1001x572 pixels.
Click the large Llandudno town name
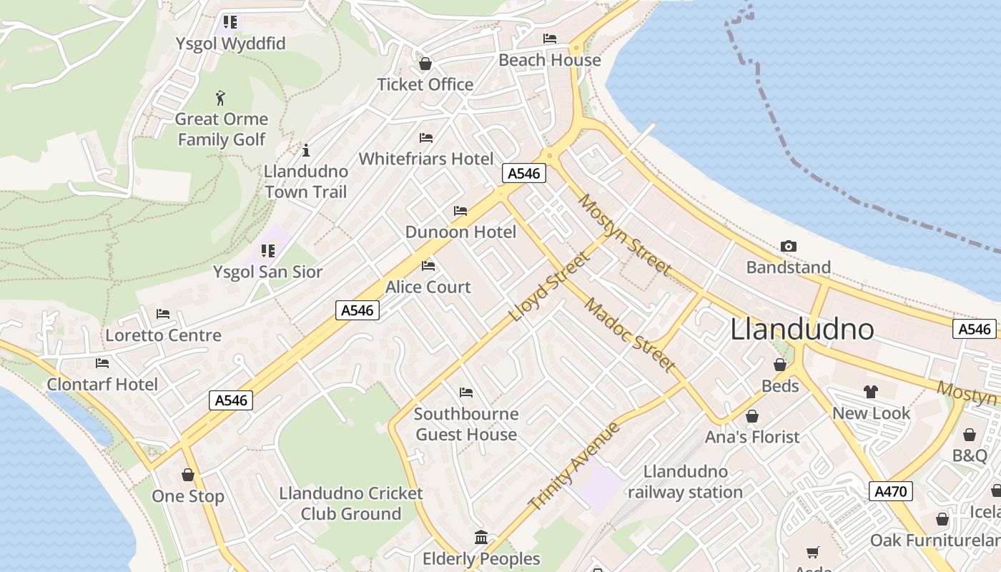pos(802,330)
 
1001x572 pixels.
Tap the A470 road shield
pos(891,491)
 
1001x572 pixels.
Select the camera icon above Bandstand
pos(788,246)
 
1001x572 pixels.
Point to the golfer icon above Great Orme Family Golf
pos(220,98)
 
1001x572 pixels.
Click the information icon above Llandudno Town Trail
pos(306,150)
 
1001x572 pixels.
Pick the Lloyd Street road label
pos(548,286)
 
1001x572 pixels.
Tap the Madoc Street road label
pos(629,334)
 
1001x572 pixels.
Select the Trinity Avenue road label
pos(574,466)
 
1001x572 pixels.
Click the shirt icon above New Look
pos(870,391)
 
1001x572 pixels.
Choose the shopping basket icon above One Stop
pos(188,475)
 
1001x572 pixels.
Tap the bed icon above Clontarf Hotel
pos(102,363)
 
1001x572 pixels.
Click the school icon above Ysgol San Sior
pos(268,251)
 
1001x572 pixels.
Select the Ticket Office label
pos(425,84)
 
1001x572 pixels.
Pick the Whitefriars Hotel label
pos(426,159)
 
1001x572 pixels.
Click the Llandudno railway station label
pos(685,482)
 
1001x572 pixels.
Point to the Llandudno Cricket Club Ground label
pos(350,503)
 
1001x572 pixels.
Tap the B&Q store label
pos(969,455)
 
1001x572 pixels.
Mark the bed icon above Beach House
pos(549,39)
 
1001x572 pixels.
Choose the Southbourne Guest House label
pos(466,424)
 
